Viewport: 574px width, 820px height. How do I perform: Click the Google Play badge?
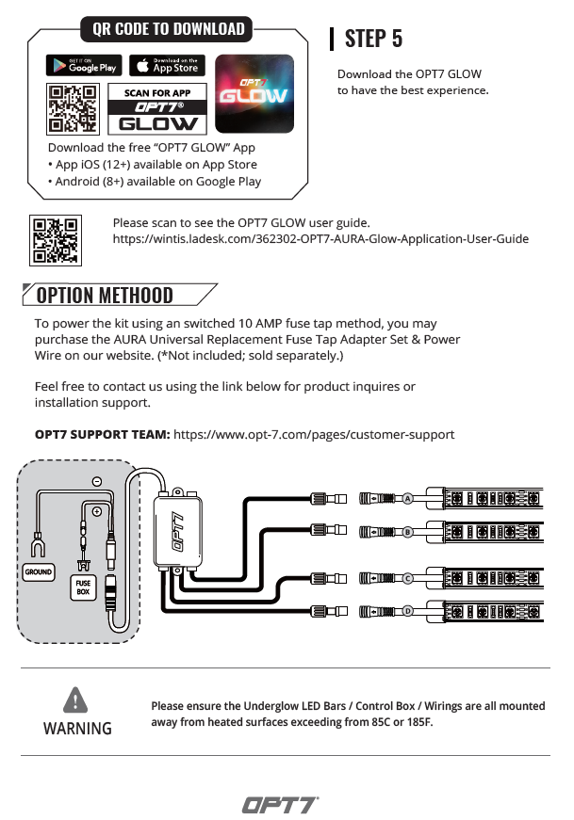coord(83,65)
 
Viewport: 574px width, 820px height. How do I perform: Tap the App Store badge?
coord(166,65)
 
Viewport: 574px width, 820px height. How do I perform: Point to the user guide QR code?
coord(56,240)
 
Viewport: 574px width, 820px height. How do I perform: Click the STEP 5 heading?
coord(373,39)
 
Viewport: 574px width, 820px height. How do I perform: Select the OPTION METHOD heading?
coord(105,296)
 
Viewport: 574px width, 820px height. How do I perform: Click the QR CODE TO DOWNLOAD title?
coord(169,29)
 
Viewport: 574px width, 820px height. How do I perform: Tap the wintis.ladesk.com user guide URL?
coord(320,239)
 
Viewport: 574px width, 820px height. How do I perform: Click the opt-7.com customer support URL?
coord(315,435)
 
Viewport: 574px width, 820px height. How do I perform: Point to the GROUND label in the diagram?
coord(40,571)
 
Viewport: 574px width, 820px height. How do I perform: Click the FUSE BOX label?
coord(83,588)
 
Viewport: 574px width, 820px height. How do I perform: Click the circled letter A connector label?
coord(408,498)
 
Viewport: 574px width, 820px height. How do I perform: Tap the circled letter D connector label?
coord(408,611)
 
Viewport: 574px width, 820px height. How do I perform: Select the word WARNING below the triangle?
coord(77,729)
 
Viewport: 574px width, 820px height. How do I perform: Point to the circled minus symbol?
coord(97,481)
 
